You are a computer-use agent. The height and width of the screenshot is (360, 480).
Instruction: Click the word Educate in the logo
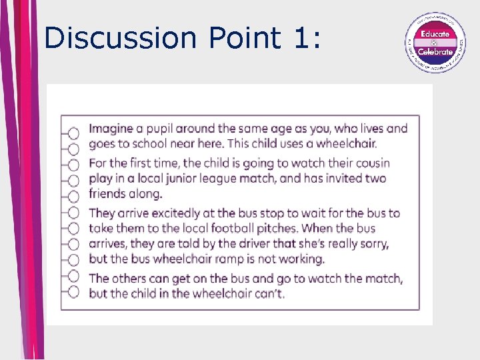[x=435, y=33]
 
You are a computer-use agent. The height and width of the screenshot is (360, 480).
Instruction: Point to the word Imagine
[x=111, y=129]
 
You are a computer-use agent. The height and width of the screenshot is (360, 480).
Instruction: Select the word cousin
[x=369, y=163]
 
